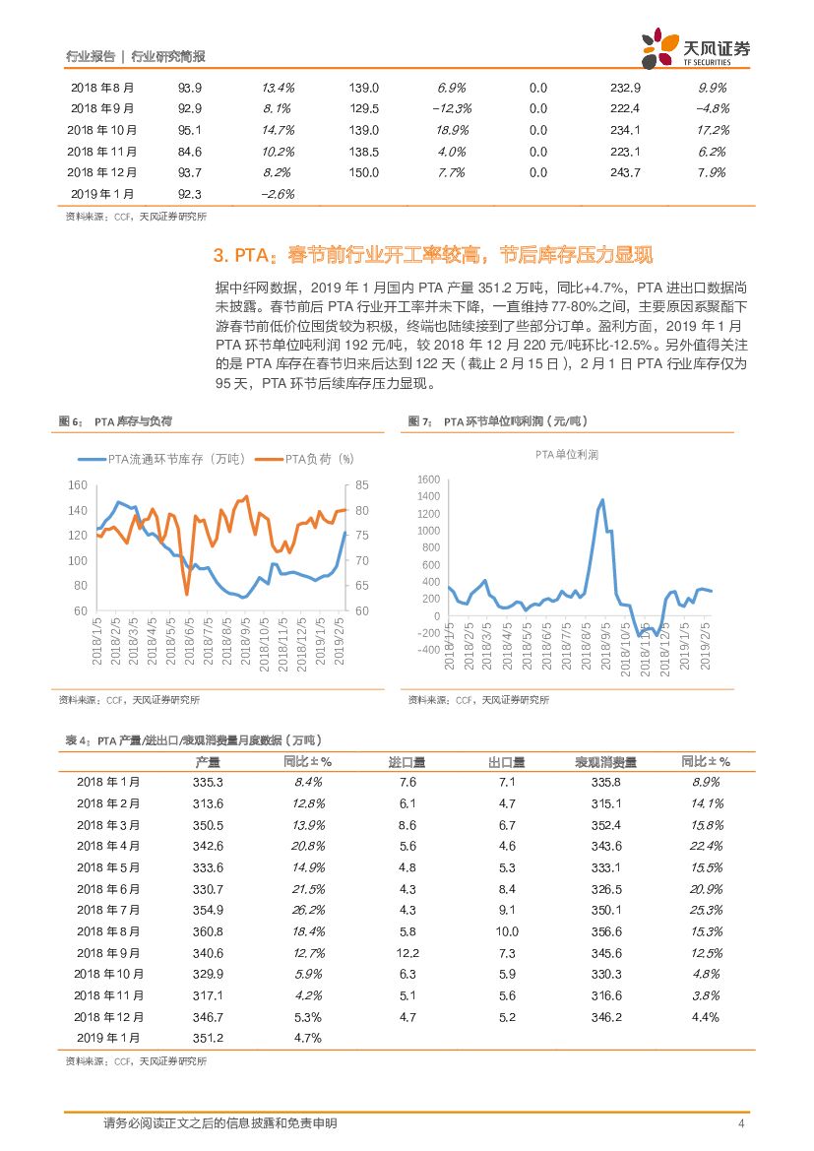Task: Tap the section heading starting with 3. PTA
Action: (x=433, y=256)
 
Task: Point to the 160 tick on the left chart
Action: (x=78, y=485)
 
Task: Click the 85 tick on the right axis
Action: (x=360, y=485)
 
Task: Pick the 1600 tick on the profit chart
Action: (x=427, y=480)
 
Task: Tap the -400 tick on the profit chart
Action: (x=427, y=650)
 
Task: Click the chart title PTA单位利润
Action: (x=581, y=455)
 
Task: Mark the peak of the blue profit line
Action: (x=601, y=499)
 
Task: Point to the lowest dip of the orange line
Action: (x=187, y=594)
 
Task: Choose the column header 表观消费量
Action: (x=606, y=762)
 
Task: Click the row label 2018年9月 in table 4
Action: (x=108, y=953)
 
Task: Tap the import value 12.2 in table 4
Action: (x=407, y=953)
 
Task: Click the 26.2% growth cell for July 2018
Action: (x=309, y=910)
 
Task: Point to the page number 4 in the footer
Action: (x=741, y=1123)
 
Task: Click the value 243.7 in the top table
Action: (x=625, y=172)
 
